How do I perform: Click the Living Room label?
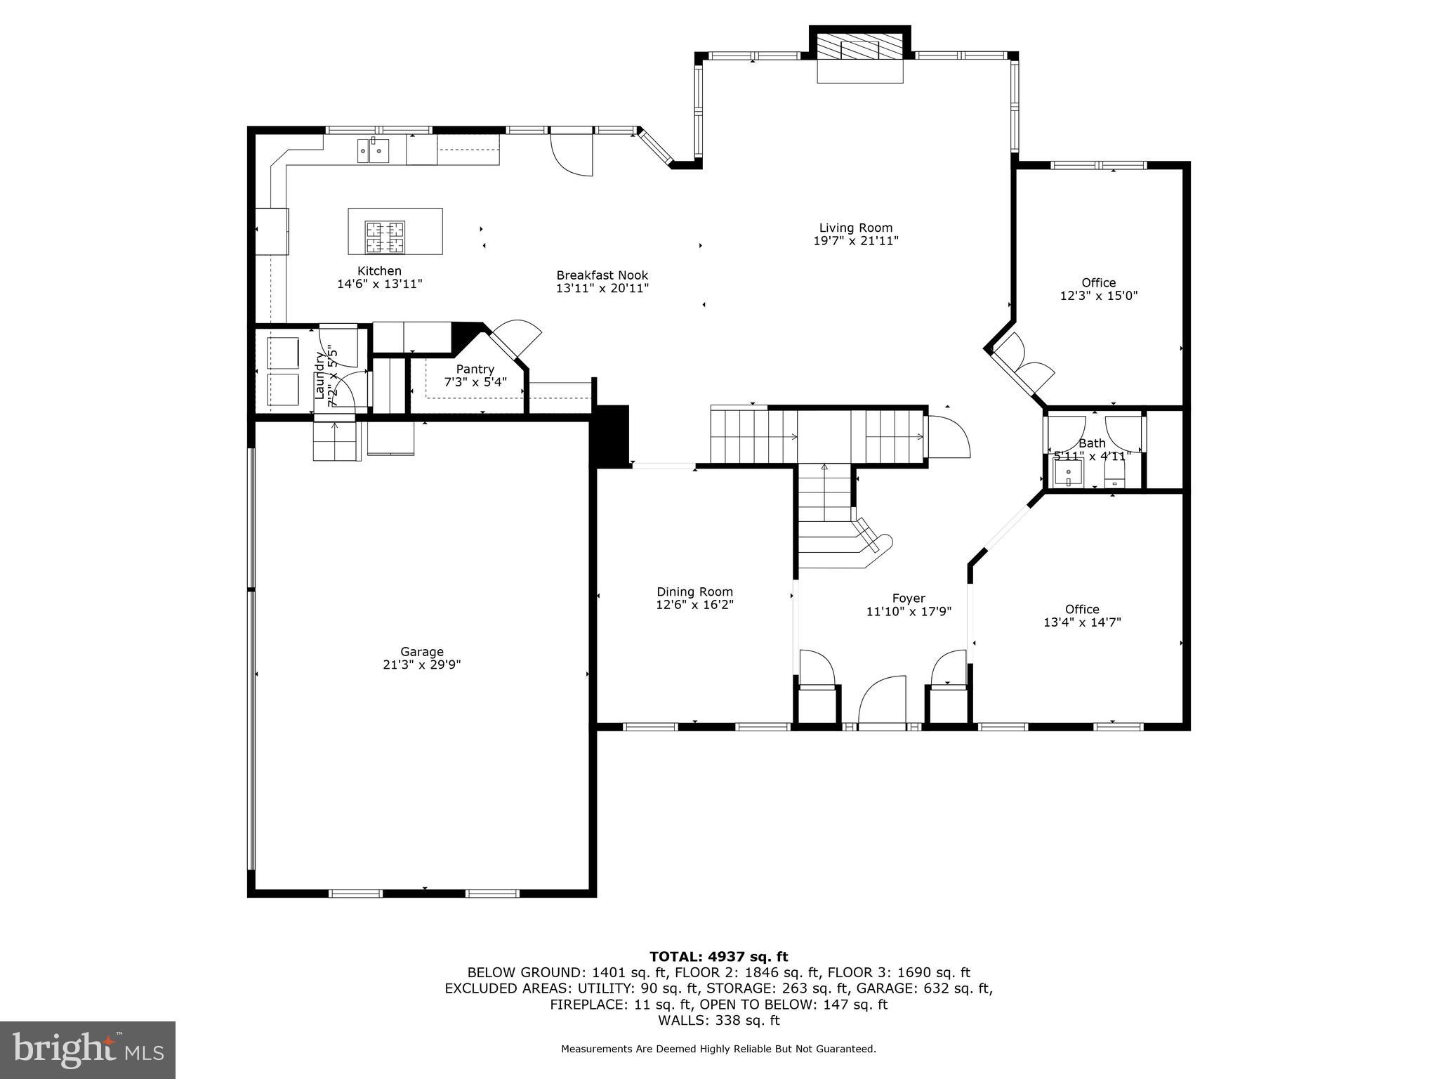coord(855,228)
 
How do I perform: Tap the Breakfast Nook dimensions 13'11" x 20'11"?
coord(602,288)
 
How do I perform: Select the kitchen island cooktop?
coord(385,237)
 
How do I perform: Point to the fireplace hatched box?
coord(860,48)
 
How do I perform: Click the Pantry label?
coord(475,370)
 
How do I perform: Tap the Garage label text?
coord(422,652)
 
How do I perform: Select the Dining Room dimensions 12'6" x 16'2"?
coord(694,605)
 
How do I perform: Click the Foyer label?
coord(909,599)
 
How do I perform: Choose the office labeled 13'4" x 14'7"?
coord(1081,615)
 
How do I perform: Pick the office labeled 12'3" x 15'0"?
coord(1098,289)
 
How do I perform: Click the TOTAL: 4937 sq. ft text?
coord(718,956)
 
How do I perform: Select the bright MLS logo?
coord(88,1049)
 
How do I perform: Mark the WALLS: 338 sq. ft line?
coord(718,1021)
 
